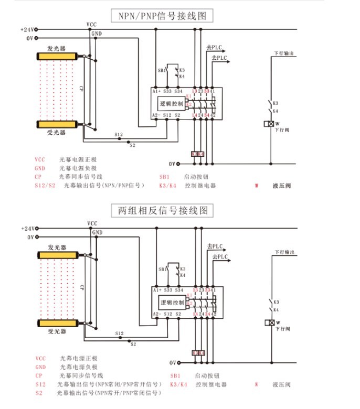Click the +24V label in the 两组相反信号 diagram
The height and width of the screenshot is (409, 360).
pyautogui.click(x=27, y=229)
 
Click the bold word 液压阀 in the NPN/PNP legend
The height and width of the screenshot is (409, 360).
pyautogui.click(x=281, y=186)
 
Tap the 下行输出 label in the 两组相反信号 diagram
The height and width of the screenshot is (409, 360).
pyautogui.click(x=283, y=253)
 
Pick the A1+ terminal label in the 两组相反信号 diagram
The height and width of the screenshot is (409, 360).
pyautogui.click(x=156, y=290)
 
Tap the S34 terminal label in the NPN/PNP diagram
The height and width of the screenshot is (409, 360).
pyautogui.click(x=178, y=91)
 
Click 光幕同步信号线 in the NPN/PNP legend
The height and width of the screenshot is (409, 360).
pyautogui.click(x=80, y=177)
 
